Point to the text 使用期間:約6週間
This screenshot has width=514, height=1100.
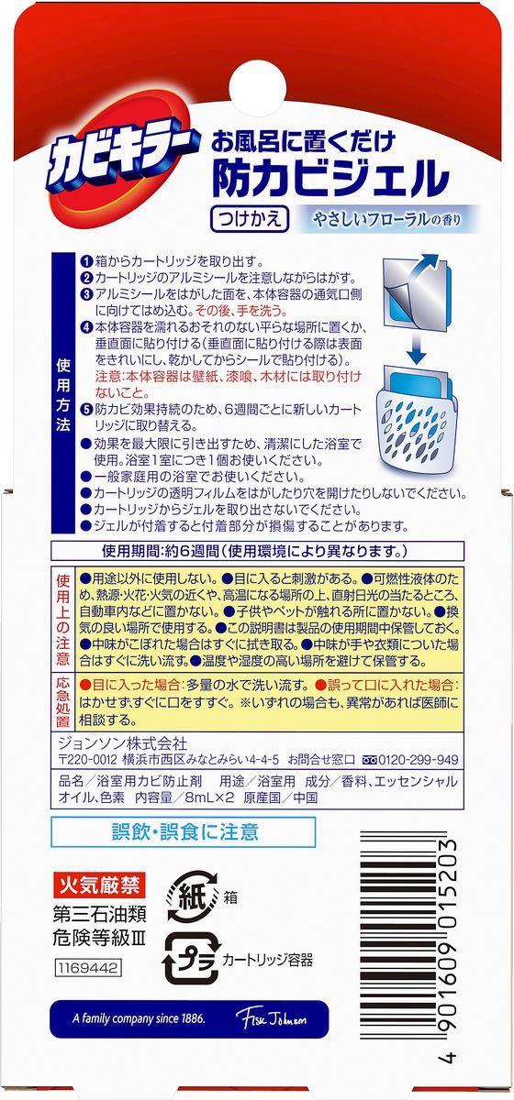coord(165,551)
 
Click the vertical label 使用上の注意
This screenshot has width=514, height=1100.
coord(62,620)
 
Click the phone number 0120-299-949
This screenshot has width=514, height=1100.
coord(408,759)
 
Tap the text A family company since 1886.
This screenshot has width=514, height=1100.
coord(140,1019)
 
